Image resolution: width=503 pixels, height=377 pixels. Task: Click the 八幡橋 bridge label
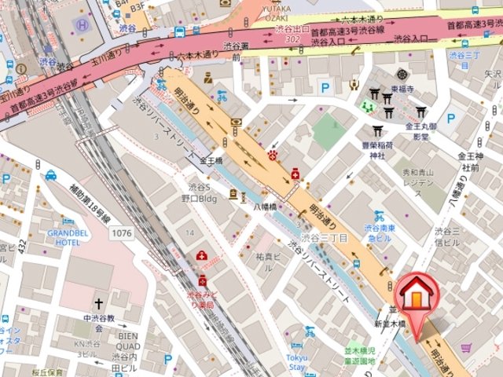click(266, 206)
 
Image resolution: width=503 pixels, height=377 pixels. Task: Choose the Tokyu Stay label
click(296, 362)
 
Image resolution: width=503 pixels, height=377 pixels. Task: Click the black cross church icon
click(99, 302)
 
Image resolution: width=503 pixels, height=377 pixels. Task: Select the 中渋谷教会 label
click(99, 319)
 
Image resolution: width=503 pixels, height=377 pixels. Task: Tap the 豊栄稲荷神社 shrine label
click(377, 149)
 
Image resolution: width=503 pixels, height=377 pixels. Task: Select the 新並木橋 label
click(389, 324)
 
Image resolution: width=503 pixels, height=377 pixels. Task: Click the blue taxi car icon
click(51, 175)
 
